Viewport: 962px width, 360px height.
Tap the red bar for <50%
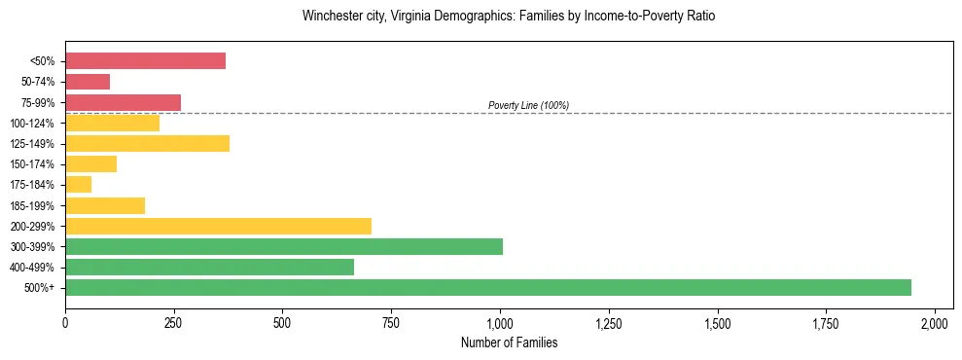tap(146, 60)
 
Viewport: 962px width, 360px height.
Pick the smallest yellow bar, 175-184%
tap(79, 184)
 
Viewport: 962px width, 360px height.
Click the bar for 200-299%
tap(219, 226)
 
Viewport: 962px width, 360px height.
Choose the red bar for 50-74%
tap(88, 82)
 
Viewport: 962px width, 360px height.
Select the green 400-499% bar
tap(210, 267)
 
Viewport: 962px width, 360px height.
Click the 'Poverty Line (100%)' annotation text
tap(528, 105)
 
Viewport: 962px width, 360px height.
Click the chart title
tap(509, 17)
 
